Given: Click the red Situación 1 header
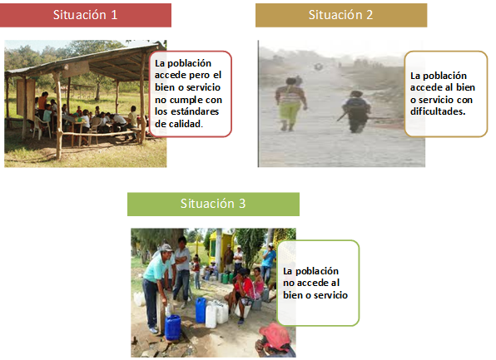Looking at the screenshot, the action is point(86,15).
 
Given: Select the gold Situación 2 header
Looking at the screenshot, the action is point(341,15).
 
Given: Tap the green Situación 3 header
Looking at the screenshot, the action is point(213,204).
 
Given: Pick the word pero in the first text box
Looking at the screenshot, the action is point(199,76).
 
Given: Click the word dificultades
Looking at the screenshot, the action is point(438,111).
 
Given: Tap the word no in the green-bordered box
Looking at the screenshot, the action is point(289,283).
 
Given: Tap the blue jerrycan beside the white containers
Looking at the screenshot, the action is point(201,310).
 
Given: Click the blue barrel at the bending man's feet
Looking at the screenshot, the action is point(173,327).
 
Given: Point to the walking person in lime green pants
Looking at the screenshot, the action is point(290,104).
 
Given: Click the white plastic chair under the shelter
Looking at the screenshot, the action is point(41,126).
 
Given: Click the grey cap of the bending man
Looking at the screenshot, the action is point(166,248).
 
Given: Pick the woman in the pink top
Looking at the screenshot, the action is point(259,283).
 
